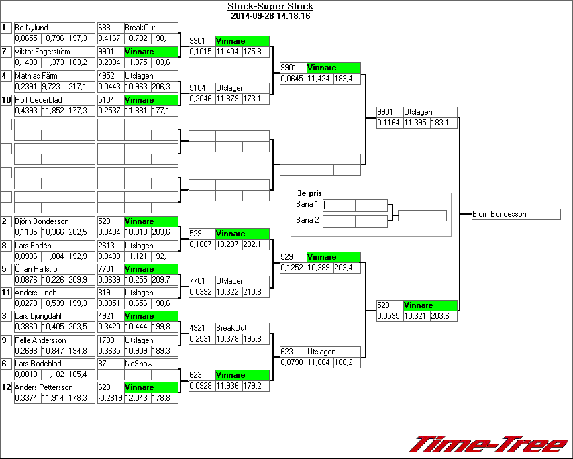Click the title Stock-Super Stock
[270, 7]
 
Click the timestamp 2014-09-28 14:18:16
[270, 15]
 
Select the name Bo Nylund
[32, 28]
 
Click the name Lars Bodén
[33, 246]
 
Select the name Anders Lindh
[35, 293]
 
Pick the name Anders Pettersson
[44, 387]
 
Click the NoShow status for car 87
[139, 364]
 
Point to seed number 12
[6, 387]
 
